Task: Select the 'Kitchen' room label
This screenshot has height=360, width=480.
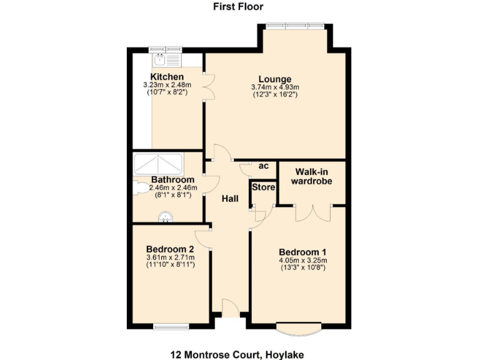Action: point(166,77)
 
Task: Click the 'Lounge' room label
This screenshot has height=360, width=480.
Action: point(275,79)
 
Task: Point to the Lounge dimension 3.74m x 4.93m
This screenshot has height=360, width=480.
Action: point(275,87)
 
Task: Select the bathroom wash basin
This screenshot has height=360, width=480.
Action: point(166,217)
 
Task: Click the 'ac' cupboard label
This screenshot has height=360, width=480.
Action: point(264,166)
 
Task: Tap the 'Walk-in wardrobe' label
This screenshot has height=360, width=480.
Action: point(311,176)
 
